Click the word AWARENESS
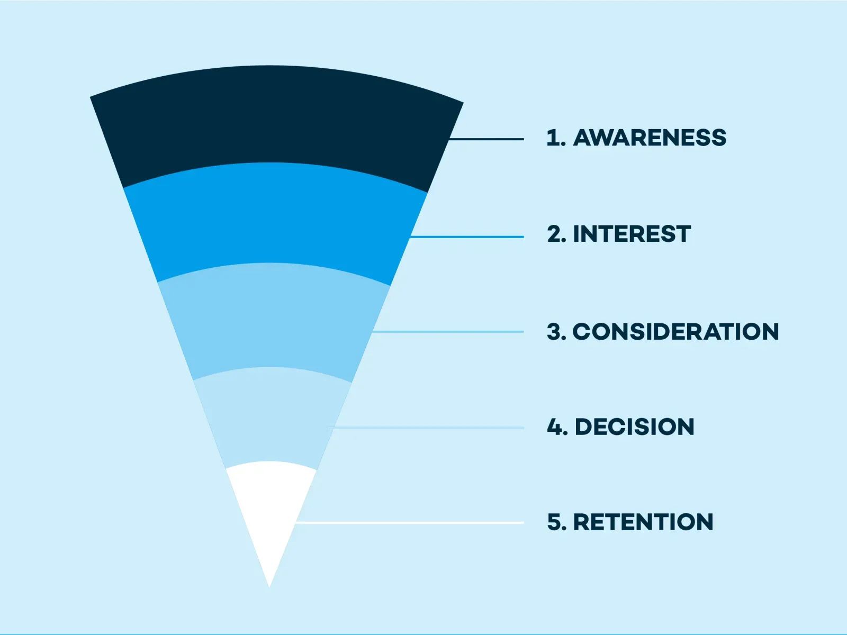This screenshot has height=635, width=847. coord(650,138)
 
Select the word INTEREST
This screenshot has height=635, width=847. coord(632,234)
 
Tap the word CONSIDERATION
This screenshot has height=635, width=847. coord(675,332)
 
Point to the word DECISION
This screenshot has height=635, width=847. coord(634,427)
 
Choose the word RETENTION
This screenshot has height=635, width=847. coord(643,522)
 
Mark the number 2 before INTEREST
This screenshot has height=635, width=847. coord(555,234)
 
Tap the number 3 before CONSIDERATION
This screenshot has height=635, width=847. coord(555,332)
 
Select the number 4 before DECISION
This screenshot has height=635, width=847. coord(555,427)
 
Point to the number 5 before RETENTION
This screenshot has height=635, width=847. coord(556,522)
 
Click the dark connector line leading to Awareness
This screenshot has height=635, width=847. coord(487,139)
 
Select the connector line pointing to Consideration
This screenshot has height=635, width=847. coord(450,332)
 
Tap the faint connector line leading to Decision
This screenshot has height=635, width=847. coord(429,428)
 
